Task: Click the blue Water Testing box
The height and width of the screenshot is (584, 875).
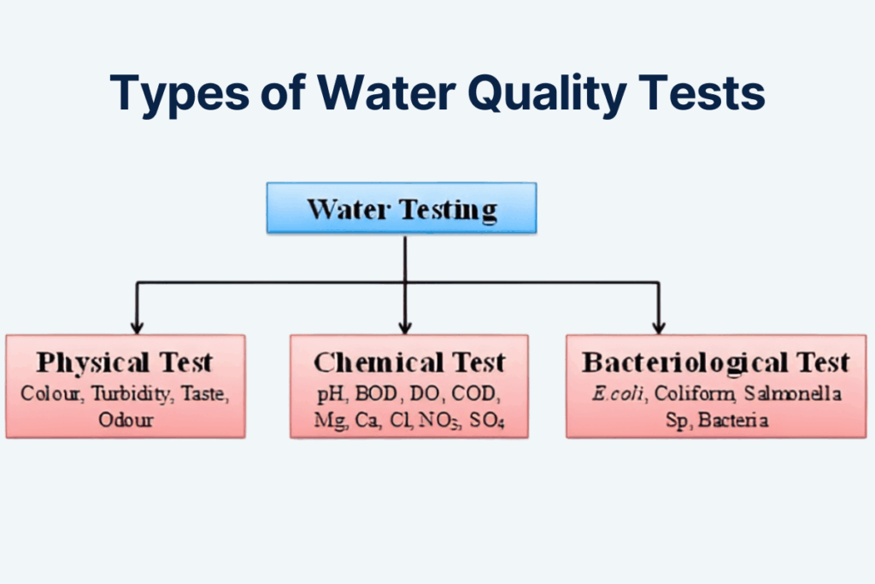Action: [402, 208]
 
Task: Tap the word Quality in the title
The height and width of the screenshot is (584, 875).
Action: [527, 94]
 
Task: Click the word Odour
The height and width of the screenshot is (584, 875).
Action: [125, 421]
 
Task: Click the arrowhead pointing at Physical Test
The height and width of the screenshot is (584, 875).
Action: [136, 326]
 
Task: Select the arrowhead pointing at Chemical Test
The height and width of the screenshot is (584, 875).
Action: [406, 326]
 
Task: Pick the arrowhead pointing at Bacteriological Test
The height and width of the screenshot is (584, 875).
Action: [658, 326]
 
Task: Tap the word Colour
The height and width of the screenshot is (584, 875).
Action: [50, 395]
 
